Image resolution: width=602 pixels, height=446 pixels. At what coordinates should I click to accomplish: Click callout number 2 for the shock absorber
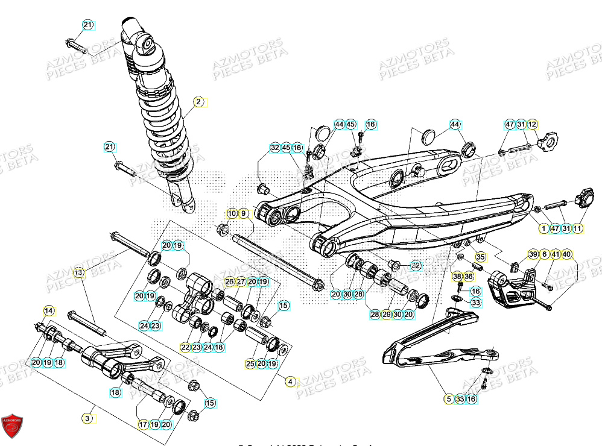[x=198, y=102]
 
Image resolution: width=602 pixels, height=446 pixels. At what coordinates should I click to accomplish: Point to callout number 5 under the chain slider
[x=448, y=399]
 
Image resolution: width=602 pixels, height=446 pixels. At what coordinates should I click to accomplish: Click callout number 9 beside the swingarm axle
[x=244, y=213]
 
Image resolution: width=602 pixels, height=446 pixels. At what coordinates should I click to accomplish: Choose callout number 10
[x=232, y=213]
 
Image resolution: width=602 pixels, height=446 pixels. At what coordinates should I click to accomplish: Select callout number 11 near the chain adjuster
[x=577, y=228]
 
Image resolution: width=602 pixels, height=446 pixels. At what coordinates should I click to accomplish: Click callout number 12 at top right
[x=532, y=125]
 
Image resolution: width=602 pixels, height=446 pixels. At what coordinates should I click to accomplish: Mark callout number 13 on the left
[x=78, y=273]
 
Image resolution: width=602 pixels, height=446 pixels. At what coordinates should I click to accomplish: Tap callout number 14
[x=48, y=310]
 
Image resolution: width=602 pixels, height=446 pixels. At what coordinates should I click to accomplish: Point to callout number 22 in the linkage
[x=185, y=347]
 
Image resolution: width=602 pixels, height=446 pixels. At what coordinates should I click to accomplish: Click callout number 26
[x=229, y=282]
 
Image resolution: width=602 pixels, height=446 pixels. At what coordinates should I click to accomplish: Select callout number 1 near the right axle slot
[x=543, y=228]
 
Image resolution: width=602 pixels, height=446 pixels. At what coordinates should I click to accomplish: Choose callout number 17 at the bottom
[x=143, y=424]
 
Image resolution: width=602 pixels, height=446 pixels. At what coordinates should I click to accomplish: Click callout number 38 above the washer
[x=457, y=277]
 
